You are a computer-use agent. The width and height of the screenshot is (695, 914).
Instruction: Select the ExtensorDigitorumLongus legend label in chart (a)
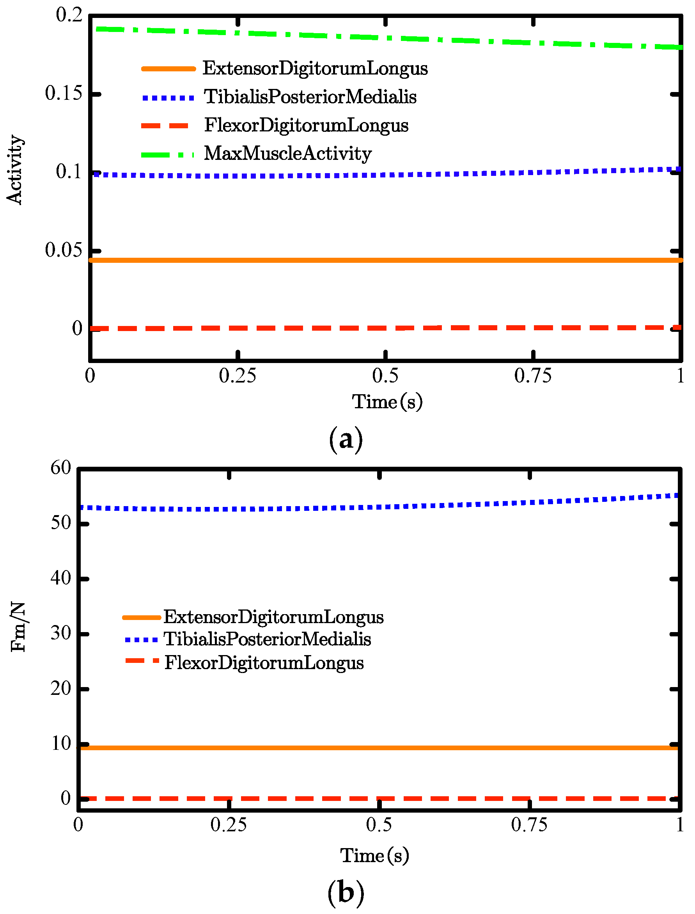315,69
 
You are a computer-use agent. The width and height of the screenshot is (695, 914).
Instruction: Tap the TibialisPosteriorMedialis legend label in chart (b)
267,639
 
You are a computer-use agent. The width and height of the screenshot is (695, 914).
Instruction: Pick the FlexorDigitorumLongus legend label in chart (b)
264,662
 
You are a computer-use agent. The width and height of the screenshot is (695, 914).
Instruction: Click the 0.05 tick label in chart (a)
63,250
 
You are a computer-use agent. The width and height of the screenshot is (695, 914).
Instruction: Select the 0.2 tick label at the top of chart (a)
69,15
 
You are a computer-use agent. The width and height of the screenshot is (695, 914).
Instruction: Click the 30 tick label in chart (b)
61,633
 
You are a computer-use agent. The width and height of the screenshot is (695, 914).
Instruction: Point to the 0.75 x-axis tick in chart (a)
533,376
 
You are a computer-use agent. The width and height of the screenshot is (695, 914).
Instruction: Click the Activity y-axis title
15,170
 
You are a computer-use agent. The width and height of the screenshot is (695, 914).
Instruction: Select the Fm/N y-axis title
19,627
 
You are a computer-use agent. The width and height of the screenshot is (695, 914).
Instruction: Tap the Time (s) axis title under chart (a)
387,402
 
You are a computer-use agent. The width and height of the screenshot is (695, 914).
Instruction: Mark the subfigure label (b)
346,893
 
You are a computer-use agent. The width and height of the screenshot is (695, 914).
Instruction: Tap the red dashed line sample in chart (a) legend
165,126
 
